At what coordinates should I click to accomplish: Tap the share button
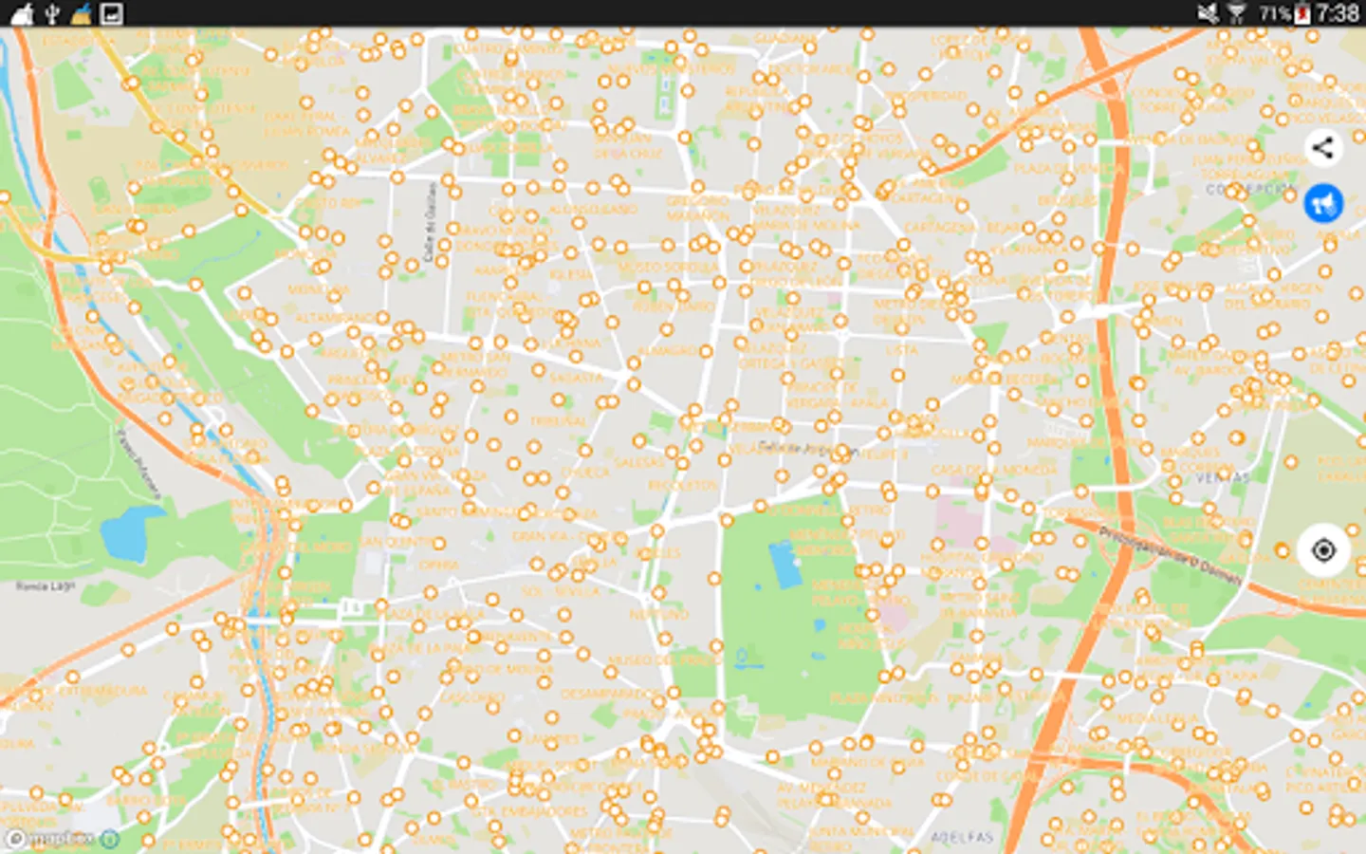[1322, 148]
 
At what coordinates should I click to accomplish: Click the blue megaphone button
[1322, 203]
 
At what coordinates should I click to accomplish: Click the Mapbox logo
[53, 839]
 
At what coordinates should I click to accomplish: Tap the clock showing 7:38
[1338, 13]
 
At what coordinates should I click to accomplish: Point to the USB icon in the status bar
[53, 13]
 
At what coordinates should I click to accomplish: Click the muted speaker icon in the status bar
[1208, 13]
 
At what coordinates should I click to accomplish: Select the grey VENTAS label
[1222, 477]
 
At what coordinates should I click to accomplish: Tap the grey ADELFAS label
[962, 837]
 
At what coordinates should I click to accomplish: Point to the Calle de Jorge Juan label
[807, 448]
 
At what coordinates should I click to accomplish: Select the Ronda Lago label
[45, 586]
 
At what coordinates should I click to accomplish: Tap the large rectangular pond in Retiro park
[785, 564]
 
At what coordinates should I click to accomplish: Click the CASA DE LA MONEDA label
[981, 471]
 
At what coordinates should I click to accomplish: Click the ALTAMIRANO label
[336, 318]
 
